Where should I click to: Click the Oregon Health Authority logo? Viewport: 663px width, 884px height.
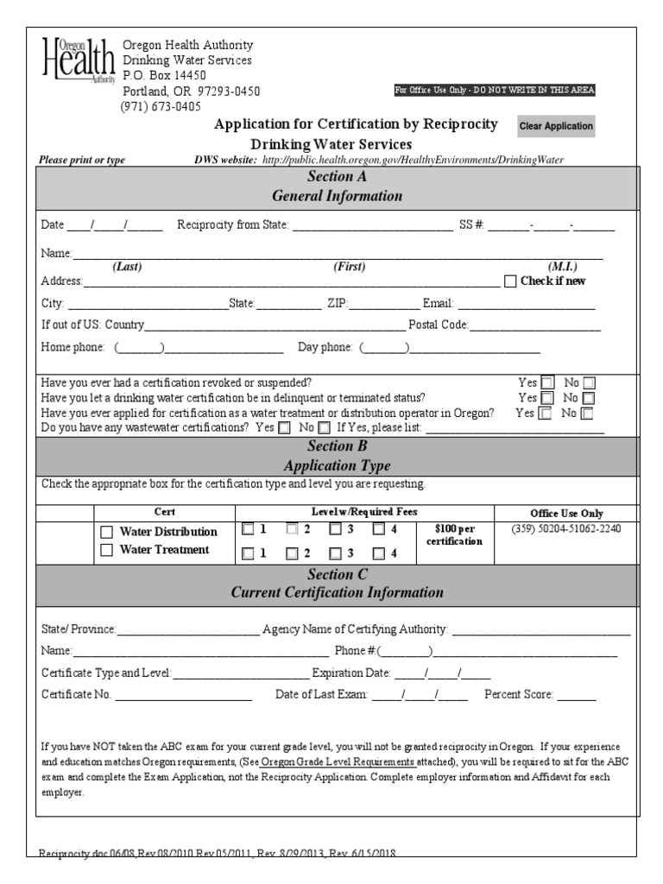(x=78, y=61)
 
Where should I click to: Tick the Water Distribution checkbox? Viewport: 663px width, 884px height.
(x=107, y=532)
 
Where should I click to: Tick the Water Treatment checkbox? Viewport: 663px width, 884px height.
(x=107, y=550)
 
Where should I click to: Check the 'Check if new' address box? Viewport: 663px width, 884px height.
(x=509, y=281)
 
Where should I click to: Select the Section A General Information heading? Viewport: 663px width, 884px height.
(x=337, y=186)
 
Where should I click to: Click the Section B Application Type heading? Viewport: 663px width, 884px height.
(x=337, y=456)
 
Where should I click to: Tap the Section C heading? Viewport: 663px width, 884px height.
(x=337, y=584)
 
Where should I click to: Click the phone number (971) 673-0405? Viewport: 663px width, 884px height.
(x=160, y=107)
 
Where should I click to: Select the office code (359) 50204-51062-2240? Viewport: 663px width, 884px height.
(x=566, y=529)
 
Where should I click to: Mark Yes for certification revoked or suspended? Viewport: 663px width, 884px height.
(x=547, y=383)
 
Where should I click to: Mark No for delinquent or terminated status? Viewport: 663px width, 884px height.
(x=589, y=398)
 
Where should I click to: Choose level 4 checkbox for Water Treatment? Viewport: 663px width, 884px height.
(x=378, y=554)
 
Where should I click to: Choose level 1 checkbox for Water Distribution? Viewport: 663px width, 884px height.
(x=249, y=529)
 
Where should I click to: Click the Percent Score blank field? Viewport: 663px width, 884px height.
(x=582, y=695)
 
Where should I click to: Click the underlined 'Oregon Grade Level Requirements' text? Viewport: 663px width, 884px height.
(x=325, y=762)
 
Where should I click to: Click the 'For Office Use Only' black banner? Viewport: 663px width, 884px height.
(x=495, y=90)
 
